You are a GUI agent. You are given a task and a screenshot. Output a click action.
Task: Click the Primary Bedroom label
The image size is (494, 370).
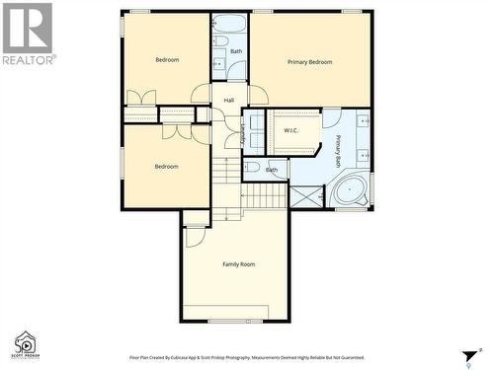(x=309, y=62)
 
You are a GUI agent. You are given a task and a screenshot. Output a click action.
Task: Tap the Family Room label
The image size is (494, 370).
(x=238, y=264)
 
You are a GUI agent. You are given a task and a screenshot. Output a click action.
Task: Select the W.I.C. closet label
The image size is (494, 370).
(x=291, y=130)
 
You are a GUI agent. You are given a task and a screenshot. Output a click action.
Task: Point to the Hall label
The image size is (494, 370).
(x=229, y=100)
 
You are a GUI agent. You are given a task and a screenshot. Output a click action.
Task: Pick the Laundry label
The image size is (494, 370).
(x=243, y=133)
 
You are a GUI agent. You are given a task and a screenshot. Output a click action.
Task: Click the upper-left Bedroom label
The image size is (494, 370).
(x=167, y=60)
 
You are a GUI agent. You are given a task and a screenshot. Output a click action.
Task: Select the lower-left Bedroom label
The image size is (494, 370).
(x=166, y=166)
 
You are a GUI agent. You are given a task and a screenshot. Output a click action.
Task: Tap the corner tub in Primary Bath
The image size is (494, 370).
(x=350, y=188)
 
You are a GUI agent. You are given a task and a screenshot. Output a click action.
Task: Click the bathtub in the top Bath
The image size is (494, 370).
(x=230, y=24)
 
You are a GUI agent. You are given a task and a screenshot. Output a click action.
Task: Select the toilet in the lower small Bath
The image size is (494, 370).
(x=252, y=169)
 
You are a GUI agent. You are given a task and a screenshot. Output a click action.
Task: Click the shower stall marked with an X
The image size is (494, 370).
(x=307, y=194)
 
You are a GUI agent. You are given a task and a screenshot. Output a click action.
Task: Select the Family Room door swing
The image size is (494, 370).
(x=195, y=237)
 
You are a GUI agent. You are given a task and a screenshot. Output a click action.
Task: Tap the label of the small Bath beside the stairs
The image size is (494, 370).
(x=271, y=170)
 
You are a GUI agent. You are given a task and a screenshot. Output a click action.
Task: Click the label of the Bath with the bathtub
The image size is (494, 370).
(x=236, y=50)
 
